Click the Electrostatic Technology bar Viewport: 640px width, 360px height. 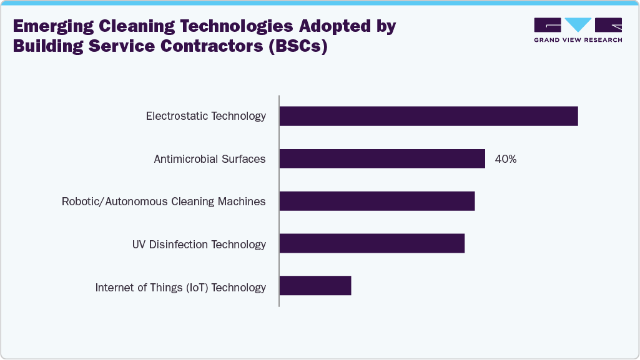pos(428,116)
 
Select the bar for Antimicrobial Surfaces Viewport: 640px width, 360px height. pos(382,158)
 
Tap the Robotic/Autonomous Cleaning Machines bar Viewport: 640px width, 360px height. pos(377,201)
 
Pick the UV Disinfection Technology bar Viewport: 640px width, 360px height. pos(372,244)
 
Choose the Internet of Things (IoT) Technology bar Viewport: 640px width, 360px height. pos(315,286)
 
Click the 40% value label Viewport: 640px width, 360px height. pos(505,159)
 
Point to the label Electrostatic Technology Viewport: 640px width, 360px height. pos(206,116)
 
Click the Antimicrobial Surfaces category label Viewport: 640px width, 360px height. pos(210,159)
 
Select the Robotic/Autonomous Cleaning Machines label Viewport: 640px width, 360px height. pos(164,202)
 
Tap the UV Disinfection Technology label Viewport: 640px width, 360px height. pos(199,245)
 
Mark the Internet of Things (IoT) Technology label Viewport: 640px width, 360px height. pos(180,288)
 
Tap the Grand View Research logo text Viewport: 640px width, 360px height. pos(578,40)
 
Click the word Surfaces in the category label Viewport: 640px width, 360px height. pos(245,159)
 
